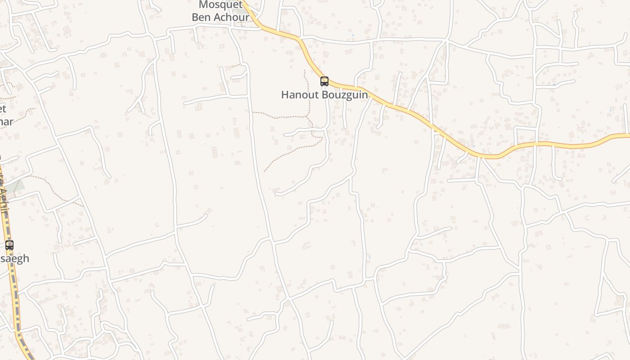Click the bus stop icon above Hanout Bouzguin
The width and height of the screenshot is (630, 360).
pos(324,81)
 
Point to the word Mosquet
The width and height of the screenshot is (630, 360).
pos(220,5)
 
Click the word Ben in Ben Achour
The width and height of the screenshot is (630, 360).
pos(202,18)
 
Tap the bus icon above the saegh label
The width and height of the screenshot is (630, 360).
pos(9,245)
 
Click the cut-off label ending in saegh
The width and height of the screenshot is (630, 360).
pos(14,258)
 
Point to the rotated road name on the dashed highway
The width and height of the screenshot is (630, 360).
pos(4,193)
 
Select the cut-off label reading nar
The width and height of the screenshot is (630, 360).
pos(6,121)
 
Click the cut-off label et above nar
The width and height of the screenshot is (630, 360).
pos(3,108)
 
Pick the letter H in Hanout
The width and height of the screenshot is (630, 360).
pos(285,95)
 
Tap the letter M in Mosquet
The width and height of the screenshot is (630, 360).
pos(203,5)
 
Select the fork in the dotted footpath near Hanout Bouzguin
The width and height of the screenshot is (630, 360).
pos(309,118)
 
